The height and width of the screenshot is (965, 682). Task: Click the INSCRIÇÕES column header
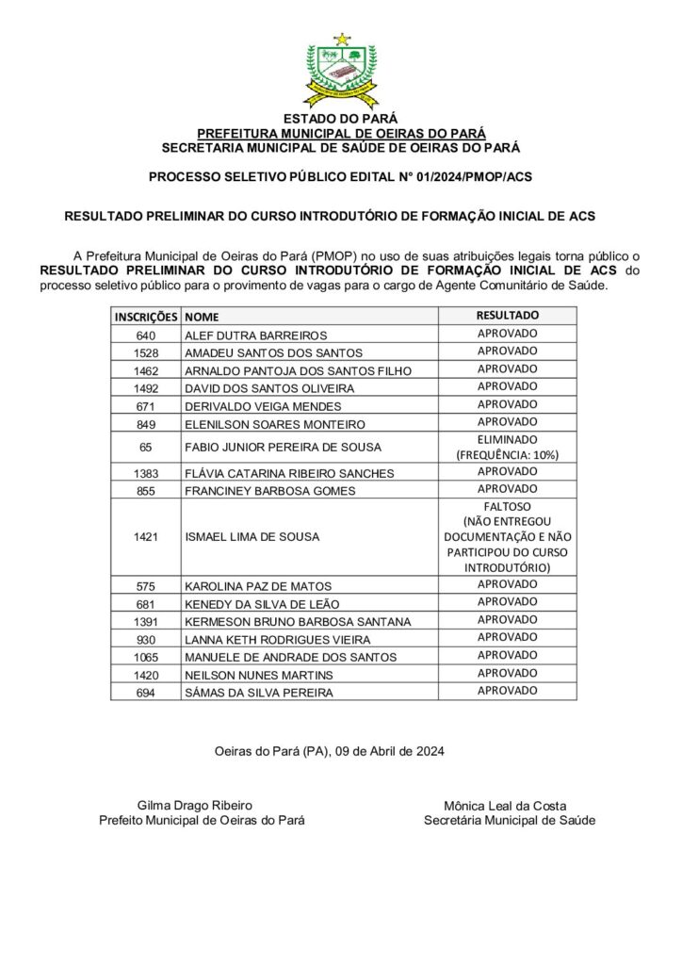point(145,317)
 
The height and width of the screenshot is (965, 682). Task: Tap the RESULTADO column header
point(507,315)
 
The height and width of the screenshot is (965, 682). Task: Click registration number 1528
point(145,352)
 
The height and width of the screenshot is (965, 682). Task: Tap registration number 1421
point(145,537)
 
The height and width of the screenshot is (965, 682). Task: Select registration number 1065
point(145,657)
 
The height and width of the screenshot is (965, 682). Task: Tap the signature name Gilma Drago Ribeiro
point(195,806)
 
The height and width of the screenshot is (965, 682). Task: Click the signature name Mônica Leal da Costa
point(509,807)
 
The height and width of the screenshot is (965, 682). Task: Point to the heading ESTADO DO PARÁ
point(341,121)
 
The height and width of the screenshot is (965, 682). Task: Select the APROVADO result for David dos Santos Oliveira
point(507,386)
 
